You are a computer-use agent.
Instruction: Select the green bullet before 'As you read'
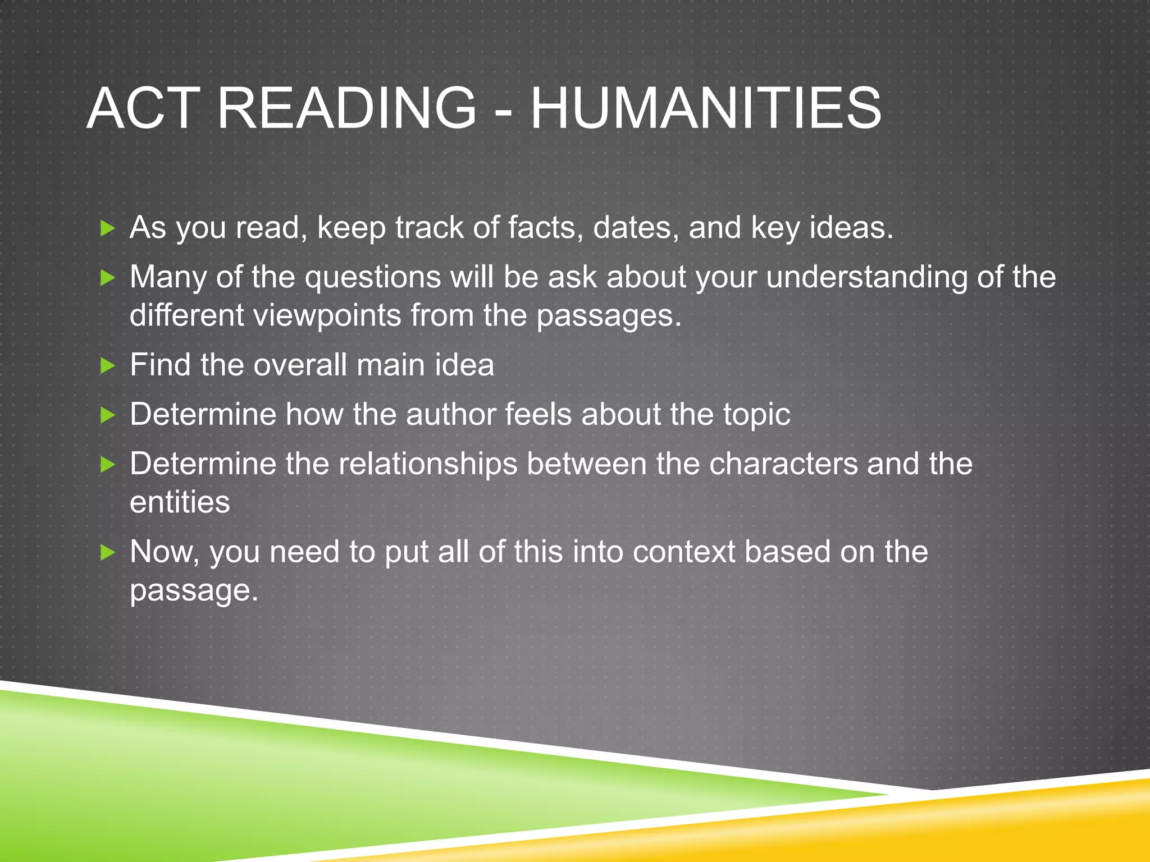click(x=107, y=228)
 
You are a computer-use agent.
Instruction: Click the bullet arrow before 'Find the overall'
click(x=107, y=366)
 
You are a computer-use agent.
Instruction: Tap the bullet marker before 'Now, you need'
click(x=107, y=553)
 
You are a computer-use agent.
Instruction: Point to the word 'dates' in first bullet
click(x=636, y=228)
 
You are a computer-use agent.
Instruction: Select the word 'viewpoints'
click(x=326, y=315)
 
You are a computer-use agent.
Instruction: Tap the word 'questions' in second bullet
click(x=373, y=277)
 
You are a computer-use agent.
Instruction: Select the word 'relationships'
click(x=428, y=464)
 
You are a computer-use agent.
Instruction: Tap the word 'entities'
click(x=180, y=502)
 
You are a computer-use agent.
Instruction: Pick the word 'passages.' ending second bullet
click(x=609, y=315)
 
